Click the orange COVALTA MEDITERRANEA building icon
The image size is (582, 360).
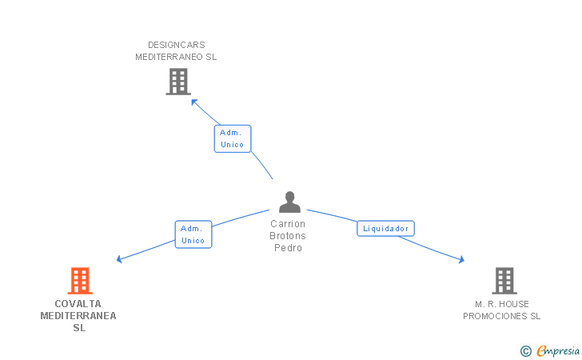80,281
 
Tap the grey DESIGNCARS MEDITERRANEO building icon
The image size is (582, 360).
177,81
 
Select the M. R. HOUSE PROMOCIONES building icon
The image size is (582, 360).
504,281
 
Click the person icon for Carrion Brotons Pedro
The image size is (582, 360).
289,202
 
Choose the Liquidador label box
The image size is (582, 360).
385,229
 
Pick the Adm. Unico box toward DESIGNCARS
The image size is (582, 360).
233,138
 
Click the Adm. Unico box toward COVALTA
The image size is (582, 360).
193,234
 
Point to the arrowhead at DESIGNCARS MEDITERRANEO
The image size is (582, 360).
193,101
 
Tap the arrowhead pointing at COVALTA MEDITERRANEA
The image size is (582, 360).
119,258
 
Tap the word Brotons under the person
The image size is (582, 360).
289,236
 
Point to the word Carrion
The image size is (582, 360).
289,224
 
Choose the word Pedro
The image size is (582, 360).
289,248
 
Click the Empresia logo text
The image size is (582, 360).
559,350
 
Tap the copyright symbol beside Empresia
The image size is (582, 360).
525,350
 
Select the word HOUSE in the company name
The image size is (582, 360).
513,304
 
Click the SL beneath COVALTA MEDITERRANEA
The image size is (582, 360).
79,328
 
